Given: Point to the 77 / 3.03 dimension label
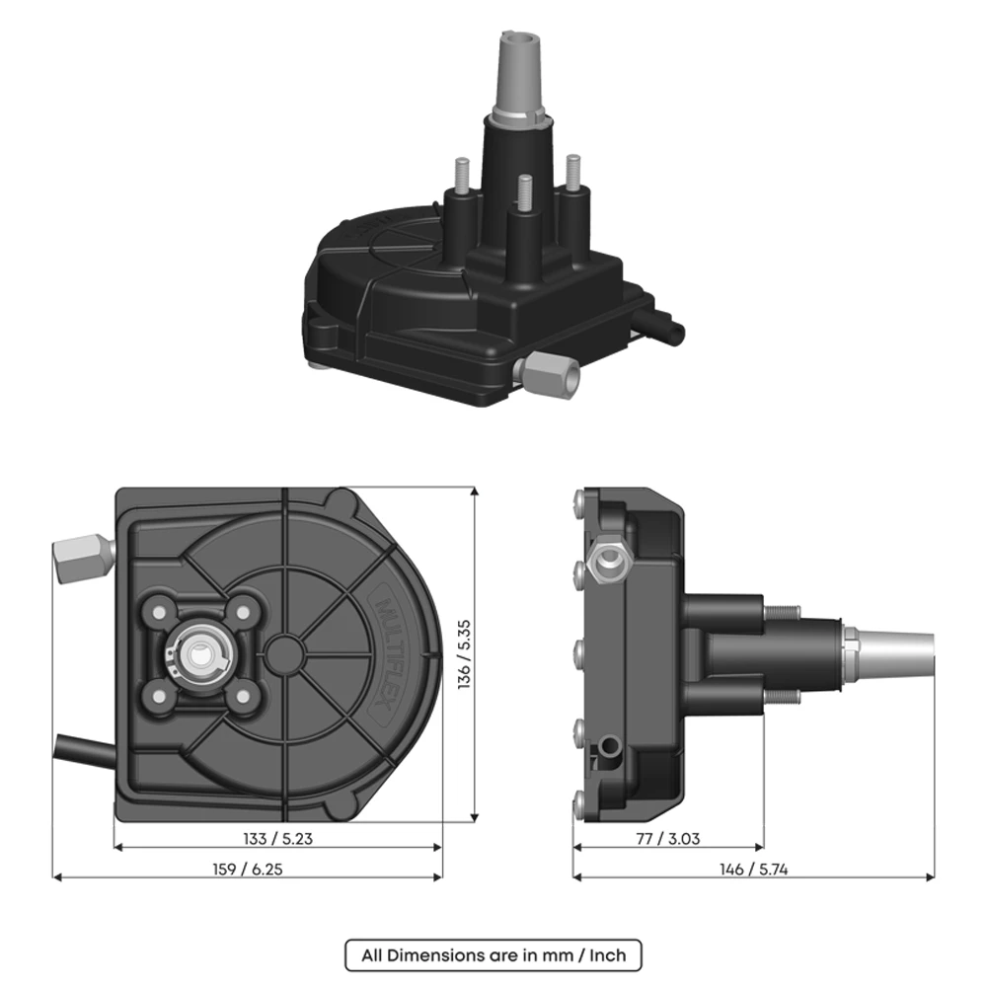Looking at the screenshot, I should (x=668, y=839).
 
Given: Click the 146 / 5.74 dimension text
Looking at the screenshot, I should (x=753, y=869).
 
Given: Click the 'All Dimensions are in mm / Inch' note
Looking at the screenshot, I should (x=493, y=954).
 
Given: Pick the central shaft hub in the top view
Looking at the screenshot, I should (x=204, y=652).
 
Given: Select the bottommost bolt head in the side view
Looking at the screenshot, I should (x=579, y=800).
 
